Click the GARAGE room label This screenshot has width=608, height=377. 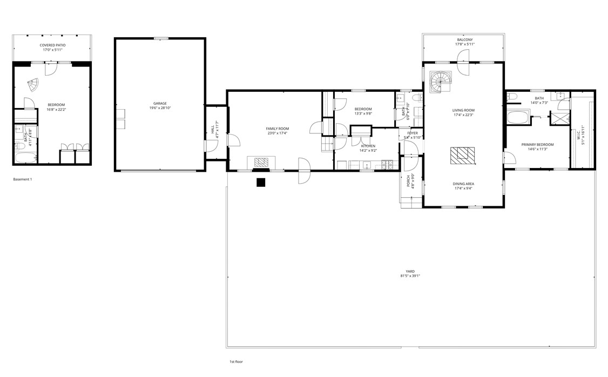(x=159, y=103)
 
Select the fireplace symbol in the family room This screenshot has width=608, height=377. (x=261, y=162)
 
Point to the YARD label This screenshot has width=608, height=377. (x=410, y=271)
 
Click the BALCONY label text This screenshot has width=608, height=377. (x=464, y=39)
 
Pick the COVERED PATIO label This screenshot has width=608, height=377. (x=52, y=45)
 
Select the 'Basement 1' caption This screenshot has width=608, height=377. (x=23, y=179)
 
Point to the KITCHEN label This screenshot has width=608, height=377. (x=368, y=146)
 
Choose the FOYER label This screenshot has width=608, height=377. (x=413, y=133)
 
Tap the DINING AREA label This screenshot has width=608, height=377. (x=463, y=184)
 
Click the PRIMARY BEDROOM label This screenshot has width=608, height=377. (x=537, y=144)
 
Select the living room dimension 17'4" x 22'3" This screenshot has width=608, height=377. (x=463, y=115)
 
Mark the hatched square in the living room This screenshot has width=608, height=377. (x=462, y=156)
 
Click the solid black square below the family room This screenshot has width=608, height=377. (x=261, y=183)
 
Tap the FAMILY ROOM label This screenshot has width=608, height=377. (x=277, y=129)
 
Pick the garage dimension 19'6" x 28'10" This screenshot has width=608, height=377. (x=159, y=108)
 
